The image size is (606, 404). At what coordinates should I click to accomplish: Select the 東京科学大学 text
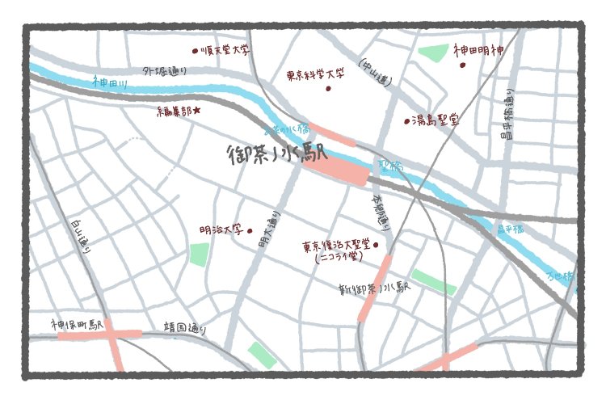point(315,74)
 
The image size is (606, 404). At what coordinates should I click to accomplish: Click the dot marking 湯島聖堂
point(407,122)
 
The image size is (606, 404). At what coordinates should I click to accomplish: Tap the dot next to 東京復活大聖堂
point(377,244)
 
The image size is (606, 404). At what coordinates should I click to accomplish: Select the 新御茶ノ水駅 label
point(376,288)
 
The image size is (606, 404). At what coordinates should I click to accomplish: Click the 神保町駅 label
point(78,325)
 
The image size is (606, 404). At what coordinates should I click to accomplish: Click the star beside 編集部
point(196,110)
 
